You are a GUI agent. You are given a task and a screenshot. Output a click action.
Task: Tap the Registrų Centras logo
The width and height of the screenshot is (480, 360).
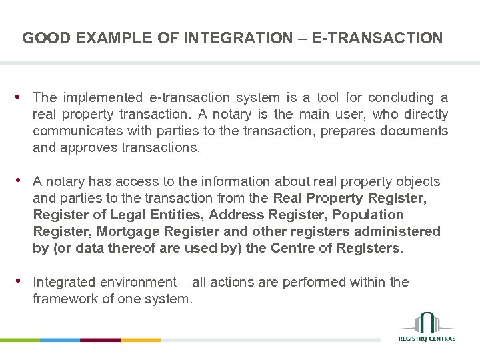427,327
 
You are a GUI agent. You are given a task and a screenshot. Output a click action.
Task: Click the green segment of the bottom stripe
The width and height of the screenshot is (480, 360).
20,340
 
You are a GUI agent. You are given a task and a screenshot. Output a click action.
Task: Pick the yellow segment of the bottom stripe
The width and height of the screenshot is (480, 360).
141,340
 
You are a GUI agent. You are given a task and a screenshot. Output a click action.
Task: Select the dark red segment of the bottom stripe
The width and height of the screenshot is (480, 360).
100,340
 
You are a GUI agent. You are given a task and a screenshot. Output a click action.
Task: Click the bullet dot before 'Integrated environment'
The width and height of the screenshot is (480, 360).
25,281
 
